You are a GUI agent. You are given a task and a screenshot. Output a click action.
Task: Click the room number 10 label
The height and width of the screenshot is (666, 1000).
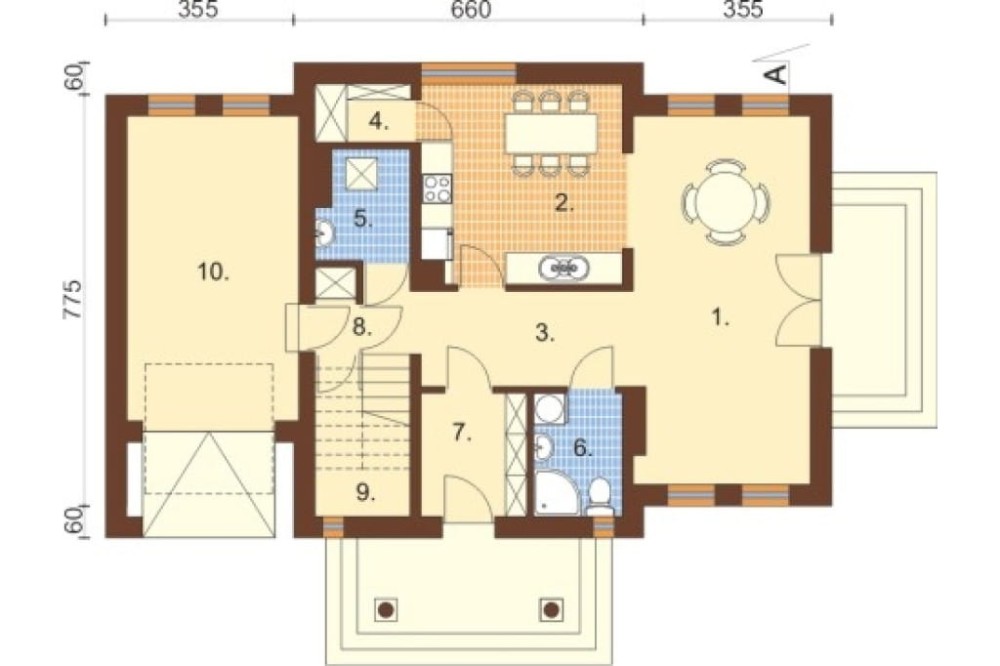click(x=213, y=272)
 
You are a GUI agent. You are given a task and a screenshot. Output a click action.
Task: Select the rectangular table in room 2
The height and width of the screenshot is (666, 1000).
click(x=552, y=132)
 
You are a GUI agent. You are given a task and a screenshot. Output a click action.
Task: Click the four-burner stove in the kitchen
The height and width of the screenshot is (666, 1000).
click(x=437, y=189)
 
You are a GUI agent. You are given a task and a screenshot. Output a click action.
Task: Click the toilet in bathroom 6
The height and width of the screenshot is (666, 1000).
click(x=599, y=498)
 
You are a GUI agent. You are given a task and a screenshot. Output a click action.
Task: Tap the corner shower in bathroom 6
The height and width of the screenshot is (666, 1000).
click(x=556, y=492)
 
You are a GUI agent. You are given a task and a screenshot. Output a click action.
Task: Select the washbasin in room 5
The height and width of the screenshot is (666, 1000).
click(x=324, y=233)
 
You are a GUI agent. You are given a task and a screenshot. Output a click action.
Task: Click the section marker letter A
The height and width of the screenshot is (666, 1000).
click(x=776, y=75)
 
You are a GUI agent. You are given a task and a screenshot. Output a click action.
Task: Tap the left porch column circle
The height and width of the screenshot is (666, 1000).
click(x=385, y=610)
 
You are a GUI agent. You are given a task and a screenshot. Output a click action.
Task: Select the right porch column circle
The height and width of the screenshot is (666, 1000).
click(x=551, y=610)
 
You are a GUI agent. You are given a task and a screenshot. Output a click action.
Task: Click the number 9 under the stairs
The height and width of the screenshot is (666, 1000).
click(x=365, y=492)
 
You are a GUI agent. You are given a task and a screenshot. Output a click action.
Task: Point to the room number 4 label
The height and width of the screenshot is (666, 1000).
click(x=379, y=121)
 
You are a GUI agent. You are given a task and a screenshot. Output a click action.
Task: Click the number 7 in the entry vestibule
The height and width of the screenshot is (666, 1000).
click(x=462, y=433)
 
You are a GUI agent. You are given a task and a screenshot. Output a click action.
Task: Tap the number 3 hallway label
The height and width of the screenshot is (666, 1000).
click(x=545, y=332)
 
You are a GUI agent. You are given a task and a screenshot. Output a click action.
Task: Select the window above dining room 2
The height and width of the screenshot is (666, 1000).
click(x=469, y=73)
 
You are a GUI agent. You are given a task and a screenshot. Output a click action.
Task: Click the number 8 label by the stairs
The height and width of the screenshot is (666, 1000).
click(x=362, y=328)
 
